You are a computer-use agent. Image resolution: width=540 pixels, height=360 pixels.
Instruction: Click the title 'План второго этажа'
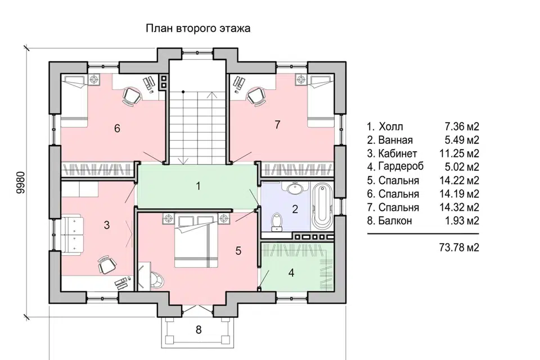(x=198, y=28)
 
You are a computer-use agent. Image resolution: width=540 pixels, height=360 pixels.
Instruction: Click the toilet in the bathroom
(x=276, y=222)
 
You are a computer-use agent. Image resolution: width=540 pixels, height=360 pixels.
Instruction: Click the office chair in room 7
(x=256, y=96)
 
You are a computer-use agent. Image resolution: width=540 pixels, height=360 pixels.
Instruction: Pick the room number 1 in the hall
(x=197, y=186)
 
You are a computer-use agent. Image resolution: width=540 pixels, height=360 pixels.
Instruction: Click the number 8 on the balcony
(x=198, y=330)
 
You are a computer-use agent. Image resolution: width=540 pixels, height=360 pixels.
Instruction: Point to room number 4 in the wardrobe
(x=291, y=273)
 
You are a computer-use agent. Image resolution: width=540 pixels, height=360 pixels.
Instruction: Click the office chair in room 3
(x=106, y=263)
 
